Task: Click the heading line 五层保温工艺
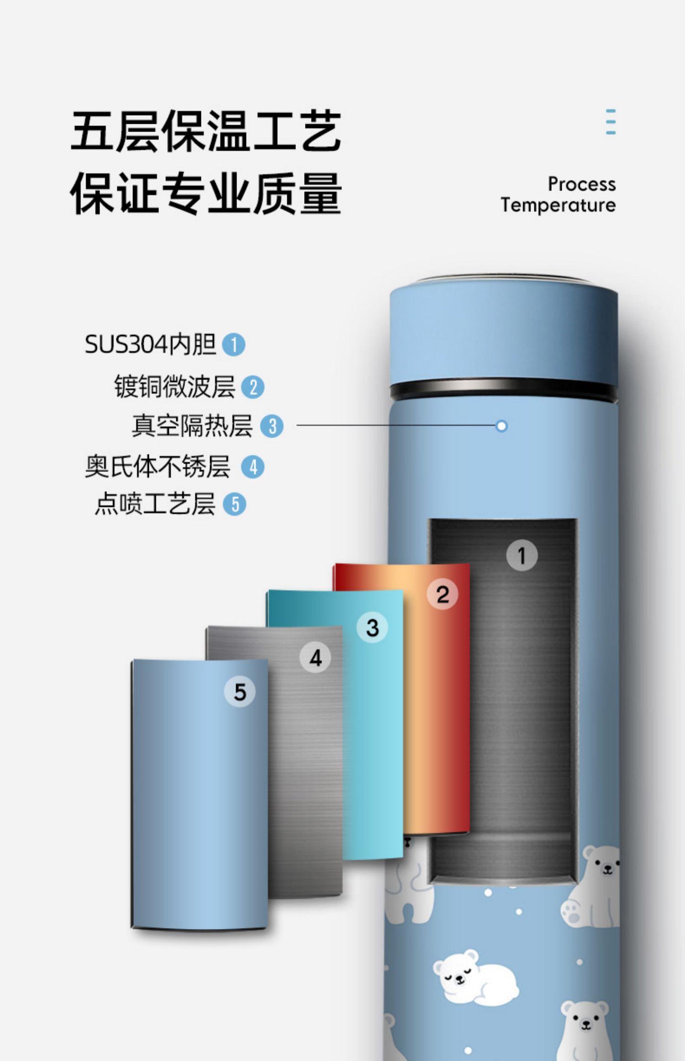pyautogui.click(x=206, y=131)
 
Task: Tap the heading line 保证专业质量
pyautogui.click(x=206, y=193)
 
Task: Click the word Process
pyautogui.click(x=581, y=184)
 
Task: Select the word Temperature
pyautogui.click(x=558, y=205)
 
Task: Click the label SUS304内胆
pyautogui.click(x=150, y=344)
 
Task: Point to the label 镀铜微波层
pyautogui.click(x=174, y=387)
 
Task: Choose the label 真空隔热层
pyautogui.click(x=192, y=426)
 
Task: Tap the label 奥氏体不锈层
pyautogui.click(x=158, y=467)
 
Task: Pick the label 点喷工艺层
pyautogui.click(x=155, y=504)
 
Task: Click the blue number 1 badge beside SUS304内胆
pyautogui.click(x=233, y=345)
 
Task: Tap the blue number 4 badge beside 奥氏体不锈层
pyautogui.click(x=253, y=467)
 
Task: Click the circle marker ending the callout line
pyautogui.click(x=501, y=426)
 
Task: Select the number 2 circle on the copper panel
pyautogui.click(x=442, y=594)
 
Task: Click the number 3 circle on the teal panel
pyautogui.click(x=372, y=627)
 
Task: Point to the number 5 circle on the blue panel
pyautogui.click(x=240, y=692)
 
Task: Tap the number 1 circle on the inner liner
pyautogui.click(x=522, y=556)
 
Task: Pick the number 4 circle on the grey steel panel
pyautogui.click(x=315, y=658)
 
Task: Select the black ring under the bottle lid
pyautogui.click(x=503, y=391)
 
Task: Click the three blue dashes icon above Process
pyautogui.click(x=611, y=122)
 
